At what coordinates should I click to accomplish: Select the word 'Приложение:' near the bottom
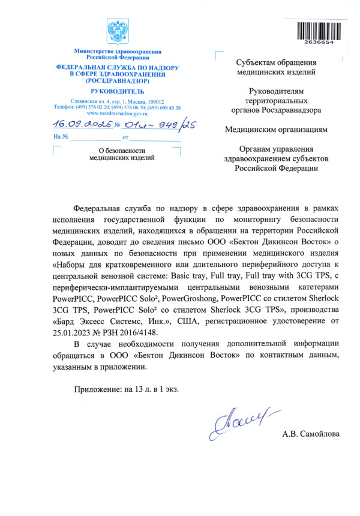click(98, 388)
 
